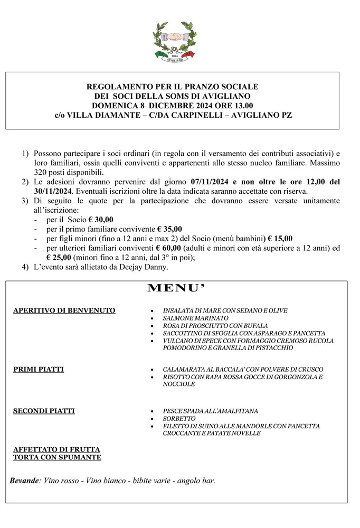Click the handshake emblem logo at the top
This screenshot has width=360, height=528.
pos(175,40)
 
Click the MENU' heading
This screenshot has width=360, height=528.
pos(175,288)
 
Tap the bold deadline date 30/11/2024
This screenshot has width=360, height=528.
pos(56,191)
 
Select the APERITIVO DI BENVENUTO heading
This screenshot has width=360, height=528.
pos(64,310)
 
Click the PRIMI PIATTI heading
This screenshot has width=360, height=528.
pos(39,369)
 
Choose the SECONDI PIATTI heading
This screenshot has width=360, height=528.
pos(44,411)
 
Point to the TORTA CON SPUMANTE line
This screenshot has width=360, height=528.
pos(57,457)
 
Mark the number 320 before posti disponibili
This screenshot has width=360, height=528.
pos(41,172)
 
